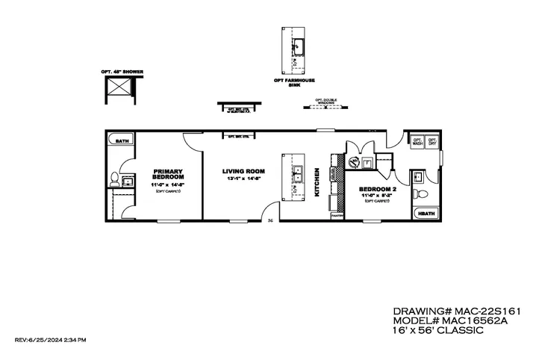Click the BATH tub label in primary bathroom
(122, 140)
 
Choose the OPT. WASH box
(417, 142)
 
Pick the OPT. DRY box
(431, 142)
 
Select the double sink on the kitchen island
(297, 175)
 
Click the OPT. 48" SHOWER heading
(122, 72)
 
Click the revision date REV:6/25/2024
(50, 340)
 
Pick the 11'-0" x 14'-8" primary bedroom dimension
(167, 184)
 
